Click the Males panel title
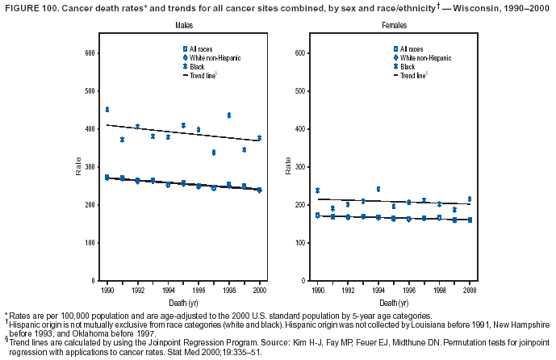183,27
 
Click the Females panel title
393,27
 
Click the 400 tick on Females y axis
299,129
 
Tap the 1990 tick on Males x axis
107,289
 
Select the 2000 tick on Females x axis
470,289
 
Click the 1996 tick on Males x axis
199,289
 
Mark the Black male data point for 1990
107,109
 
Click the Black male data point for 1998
229,115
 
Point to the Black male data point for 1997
214,152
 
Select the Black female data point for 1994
378,190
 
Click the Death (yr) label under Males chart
183,300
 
